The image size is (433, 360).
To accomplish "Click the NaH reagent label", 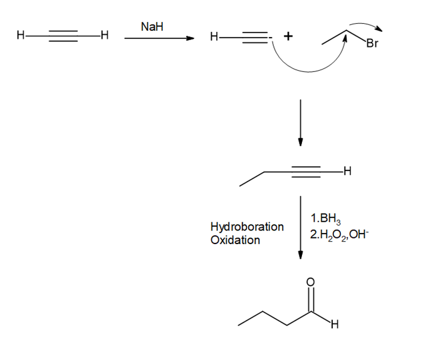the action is coord(152,27).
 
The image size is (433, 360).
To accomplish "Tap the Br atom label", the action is coord(372,43).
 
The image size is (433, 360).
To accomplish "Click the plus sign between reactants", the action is coord(288,36).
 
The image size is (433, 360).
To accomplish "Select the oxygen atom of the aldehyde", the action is coord(310,282).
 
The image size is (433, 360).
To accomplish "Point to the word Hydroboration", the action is coord(247,227).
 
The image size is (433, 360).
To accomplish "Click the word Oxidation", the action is coord(235,240).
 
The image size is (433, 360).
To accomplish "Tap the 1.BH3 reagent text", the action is coord(326,219).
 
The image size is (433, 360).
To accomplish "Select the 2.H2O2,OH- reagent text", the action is coord(339,235).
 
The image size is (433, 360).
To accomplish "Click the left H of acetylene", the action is coord(21,35).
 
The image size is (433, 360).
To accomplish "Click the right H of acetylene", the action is coord(105,35).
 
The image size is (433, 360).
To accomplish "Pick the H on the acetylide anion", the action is coord(214,36).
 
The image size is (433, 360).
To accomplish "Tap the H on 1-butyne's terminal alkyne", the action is coord(347,171).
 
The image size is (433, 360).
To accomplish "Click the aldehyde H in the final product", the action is coord(335,324).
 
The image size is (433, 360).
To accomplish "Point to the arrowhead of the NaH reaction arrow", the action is coord(190,38).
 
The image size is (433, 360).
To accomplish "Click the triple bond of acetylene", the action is coord(63,36).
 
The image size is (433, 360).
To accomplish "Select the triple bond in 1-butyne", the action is coord(306,172).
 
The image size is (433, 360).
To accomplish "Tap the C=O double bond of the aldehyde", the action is coord(311,300).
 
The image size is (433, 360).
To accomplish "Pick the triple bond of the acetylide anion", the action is coord(255,37).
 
